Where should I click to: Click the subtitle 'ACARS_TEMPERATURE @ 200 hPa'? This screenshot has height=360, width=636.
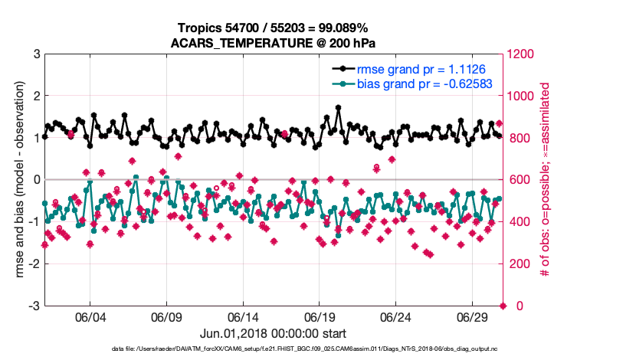274,42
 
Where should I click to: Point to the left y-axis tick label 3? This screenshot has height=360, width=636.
36,54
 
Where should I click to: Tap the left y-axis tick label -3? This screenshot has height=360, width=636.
34,306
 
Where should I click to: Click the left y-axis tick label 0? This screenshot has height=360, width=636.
36,180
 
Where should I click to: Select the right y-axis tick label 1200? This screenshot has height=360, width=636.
522,54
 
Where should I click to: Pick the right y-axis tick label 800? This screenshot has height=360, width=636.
519,139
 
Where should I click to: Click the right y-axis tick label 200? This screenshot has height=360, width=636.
519,264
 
